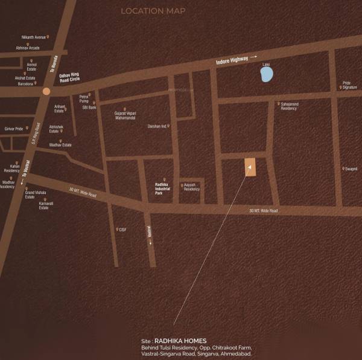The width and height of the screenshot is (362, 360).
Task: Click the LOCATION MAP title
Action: tap(153, 11)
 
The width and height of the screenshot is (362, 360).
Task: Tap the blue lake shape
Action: tap(266, 74)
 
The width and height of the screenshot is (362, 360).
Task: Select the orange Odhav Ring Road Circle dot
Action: tap(46, 91)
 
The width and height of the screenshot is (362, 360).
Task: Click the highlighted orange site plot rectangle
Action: tap(250, 167)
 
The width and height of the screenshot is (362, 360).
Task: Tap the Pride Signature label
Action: tap(349, 85)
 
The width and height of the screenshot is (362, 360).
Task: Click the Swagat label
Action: tap(351, 169)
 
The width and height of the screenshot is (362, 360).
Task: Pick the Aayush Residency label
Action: tap(191, 187)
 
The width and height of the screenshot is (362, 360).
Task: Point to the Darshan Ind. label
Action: tap(157, 126)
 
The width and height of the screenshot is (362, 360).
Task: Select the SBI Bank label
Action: tap(89, 107)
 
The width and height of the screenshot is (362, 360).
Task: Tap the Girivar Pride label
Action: tap(14, 129)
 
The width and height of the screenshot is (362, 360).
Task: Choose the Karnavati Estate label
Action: tap(46, 205)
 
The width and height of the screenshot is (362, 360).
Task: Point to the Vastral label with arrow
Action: tap(148, 234)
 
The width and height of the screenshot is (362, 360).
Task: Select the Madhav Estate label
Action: tap(60, 145)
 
